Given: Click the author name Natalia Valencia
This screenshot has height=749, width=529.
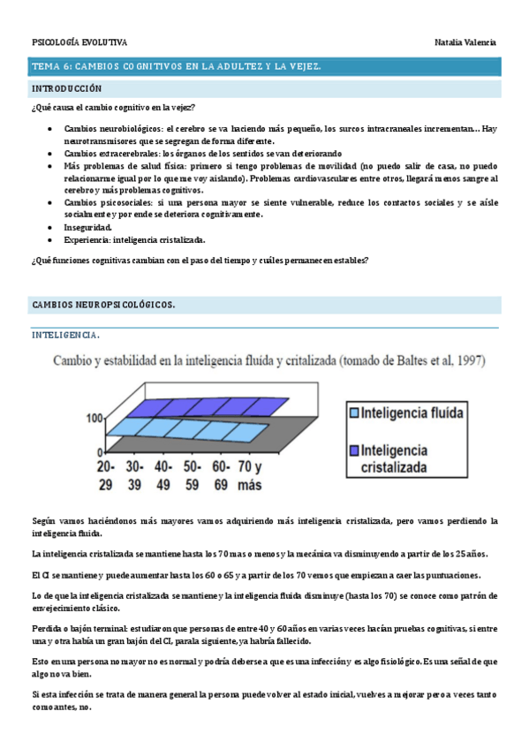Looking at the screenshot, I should (465, 42).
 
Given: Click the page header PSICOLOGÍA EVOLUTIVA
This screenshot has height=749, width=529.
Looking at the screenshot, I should (79, 42).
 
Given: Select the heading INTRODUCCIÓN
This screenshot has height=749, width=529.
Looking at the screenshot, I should (67, 89).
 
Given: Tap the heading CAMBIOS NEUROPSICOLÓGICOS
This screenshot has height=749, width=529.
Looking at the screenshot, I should (102, 305).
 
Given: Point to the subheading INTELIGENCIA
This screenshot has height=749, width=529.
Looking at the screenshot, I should (65, 335).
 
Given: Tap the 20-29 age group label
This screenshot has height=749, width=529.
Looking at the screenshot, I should (107, 473).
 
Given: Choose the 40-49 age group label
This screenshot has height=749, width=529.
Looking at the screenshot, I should (164, 473).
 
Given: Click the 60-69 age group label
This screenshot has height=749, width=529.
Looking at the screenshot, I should (222, 473).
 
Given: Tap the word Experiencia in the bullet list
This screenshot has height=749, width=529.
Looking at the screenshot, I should (85, 239).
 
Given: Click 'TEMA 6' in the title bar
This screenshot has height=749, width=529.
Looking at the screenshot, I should (50, 66).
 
